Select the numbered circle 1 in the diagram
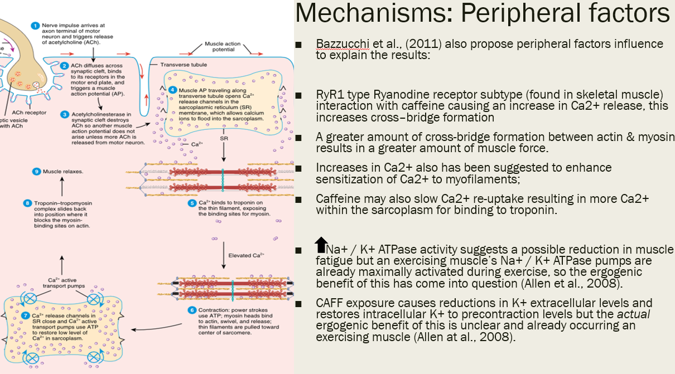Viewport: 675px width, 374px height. tap(35, 25)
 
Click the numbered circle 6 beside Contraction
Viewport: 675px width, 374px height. tap(191, 310)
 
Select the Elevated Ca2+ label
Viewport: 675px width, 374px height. tap(246, 256)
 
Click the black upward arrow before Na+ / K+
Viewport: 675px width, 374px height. tap(321, 245)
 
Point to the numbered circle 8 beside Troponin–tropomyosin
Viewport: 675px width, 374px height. tap(27, 203)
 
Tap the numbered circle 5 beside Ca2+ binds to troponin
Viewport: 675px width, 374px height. tap(191, 203)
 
